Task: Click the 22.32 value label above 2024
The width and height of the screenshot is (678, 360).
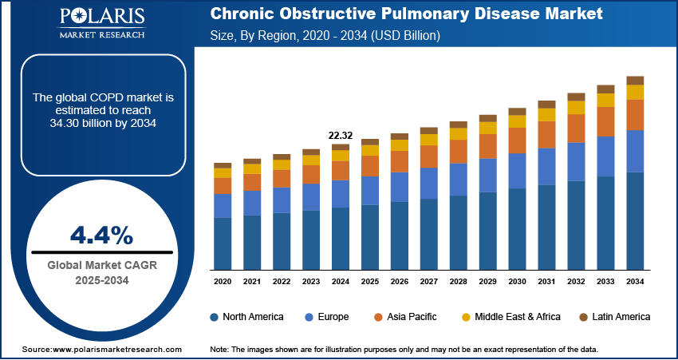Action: pos(341,136)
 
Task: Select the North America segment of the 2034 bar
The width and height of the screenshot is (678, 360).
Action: pos(635,220)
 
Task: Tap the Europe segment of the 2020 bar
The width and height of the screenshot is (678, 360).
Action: pos(223,205)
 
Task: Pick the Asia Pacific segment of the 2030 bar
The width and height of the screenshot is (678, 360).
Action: pos(518,140)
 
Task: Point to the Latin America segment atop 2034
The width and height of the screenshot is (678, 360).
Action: pos(635,80)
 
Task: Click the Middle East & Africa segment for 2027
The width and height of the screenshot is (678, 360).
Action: pos(429,140)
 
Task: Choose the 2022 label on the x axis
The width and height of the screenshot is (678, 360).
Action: pos(282,282)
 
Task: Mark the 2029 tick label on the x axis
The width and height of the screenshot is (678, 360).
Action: pos(488,282)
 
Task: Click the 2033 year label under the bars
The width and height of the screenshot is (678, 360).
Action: pos(605,282)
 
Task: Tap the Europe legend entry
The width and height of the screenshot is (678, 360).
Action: pos(327,317)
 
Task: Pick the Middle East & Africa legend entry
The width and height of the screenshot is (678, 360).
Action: pos(510,317)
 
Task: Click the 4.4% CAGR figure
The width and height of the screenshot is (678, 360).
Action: pos(101,235)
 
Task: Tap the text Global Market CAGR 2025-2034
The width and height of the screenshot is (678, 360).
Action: pos(101,272)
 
